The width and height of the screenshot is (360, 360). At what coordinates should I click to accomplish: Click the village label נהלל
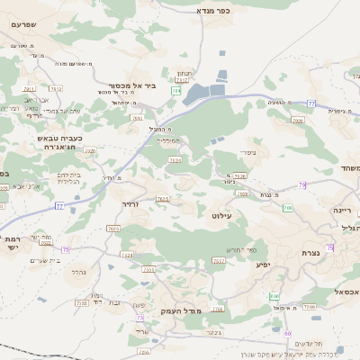pos(78,270)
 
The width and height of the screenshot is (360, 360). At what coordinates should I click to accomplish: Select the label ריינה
pos(344,209)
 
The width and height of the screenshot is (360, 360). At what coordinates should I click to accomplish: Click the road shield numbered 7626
pos(175,160)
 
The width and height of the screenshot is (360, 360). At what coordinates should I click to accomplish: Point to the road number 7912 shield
pos(56,88)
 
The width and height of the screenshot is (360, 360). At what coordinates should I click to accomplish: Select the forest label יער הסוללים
pos(168,140)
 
